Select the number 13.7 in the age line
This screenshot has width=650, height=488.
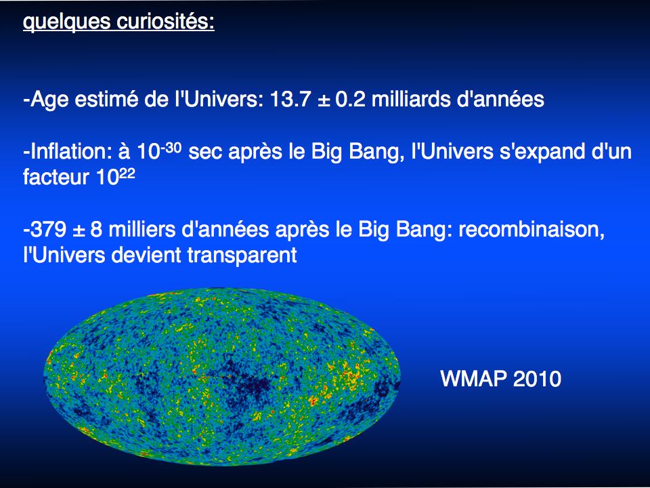(290, 100)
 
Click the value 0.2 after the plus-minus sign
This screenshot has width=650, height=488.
(350, 100)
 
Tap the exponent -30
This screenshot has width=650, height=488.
(170, 147)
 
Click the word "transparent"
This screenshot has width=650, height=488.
(242, 255)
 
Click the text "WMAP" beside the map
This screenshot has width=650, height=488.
(474, 378)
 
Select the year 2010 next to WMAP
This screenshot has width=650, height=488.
(537, 378)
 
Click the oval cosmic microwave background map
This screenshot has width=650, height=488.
(222, 377)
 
